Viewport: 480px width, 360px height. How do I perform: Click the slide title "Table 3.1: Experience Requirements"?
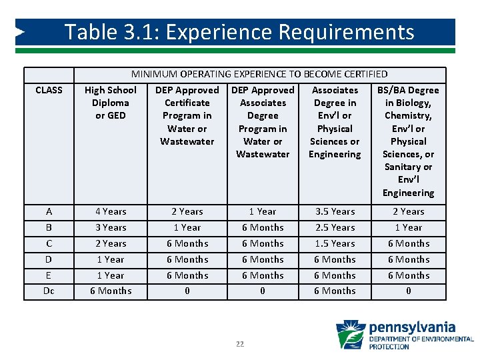[239, 32]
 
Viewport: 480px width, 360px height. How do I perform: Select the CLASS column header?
[49, 90]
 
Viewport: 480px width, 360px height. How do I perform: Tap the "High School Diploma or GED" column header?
[111, 103]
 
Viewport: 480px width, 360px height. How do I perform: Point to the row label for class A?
[49, 211]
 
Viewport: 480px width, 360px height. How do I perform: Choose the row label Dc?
[49, 291]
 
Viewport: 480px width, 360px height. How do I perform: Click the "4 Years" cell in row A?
[111, 211]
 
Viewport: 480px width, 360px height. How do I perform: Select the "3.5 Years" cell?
[335, 211]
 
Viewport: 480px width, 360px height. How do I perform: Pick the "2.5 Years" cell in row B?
[335, 227]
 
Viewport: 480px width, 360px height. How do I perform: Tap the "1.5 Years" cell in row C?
[335, 243]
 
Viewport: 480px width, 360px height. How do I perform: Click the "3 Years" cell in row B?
[111, 227]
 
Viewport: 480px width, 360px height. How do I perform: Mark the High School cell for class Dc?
[111, 291]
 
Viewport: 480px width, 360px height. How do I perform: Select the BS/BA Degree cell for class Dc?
[408, 291]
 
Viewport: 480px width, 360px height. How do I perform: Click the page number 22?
[240, 344]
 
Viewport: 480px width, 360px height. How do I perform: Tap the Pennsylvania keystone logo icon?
[350, 334]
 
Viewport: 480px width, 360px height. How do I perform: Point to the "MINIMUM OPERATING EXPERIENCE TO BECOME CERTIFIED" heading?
[259, 74]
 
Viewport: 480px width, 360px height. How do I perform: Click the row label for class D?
[49, 259]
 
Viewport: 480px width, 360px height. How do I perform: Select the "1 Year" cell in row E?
[111, 275]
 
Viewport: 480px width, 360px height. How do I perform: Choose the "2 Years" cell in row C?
[111, 243]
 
